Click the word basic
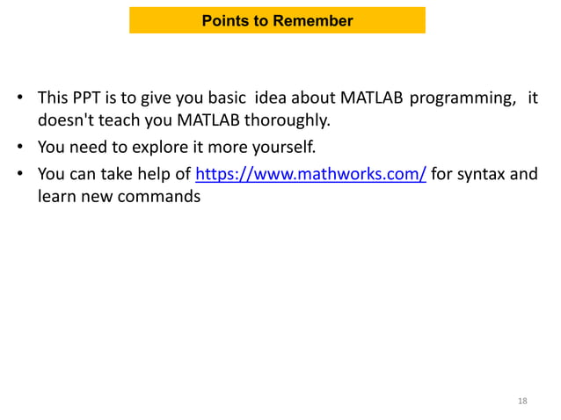point(224,97)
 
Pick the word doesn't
point(65,119)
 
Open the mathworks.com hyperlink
point(310,173)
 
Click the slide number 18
point(522,402)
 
